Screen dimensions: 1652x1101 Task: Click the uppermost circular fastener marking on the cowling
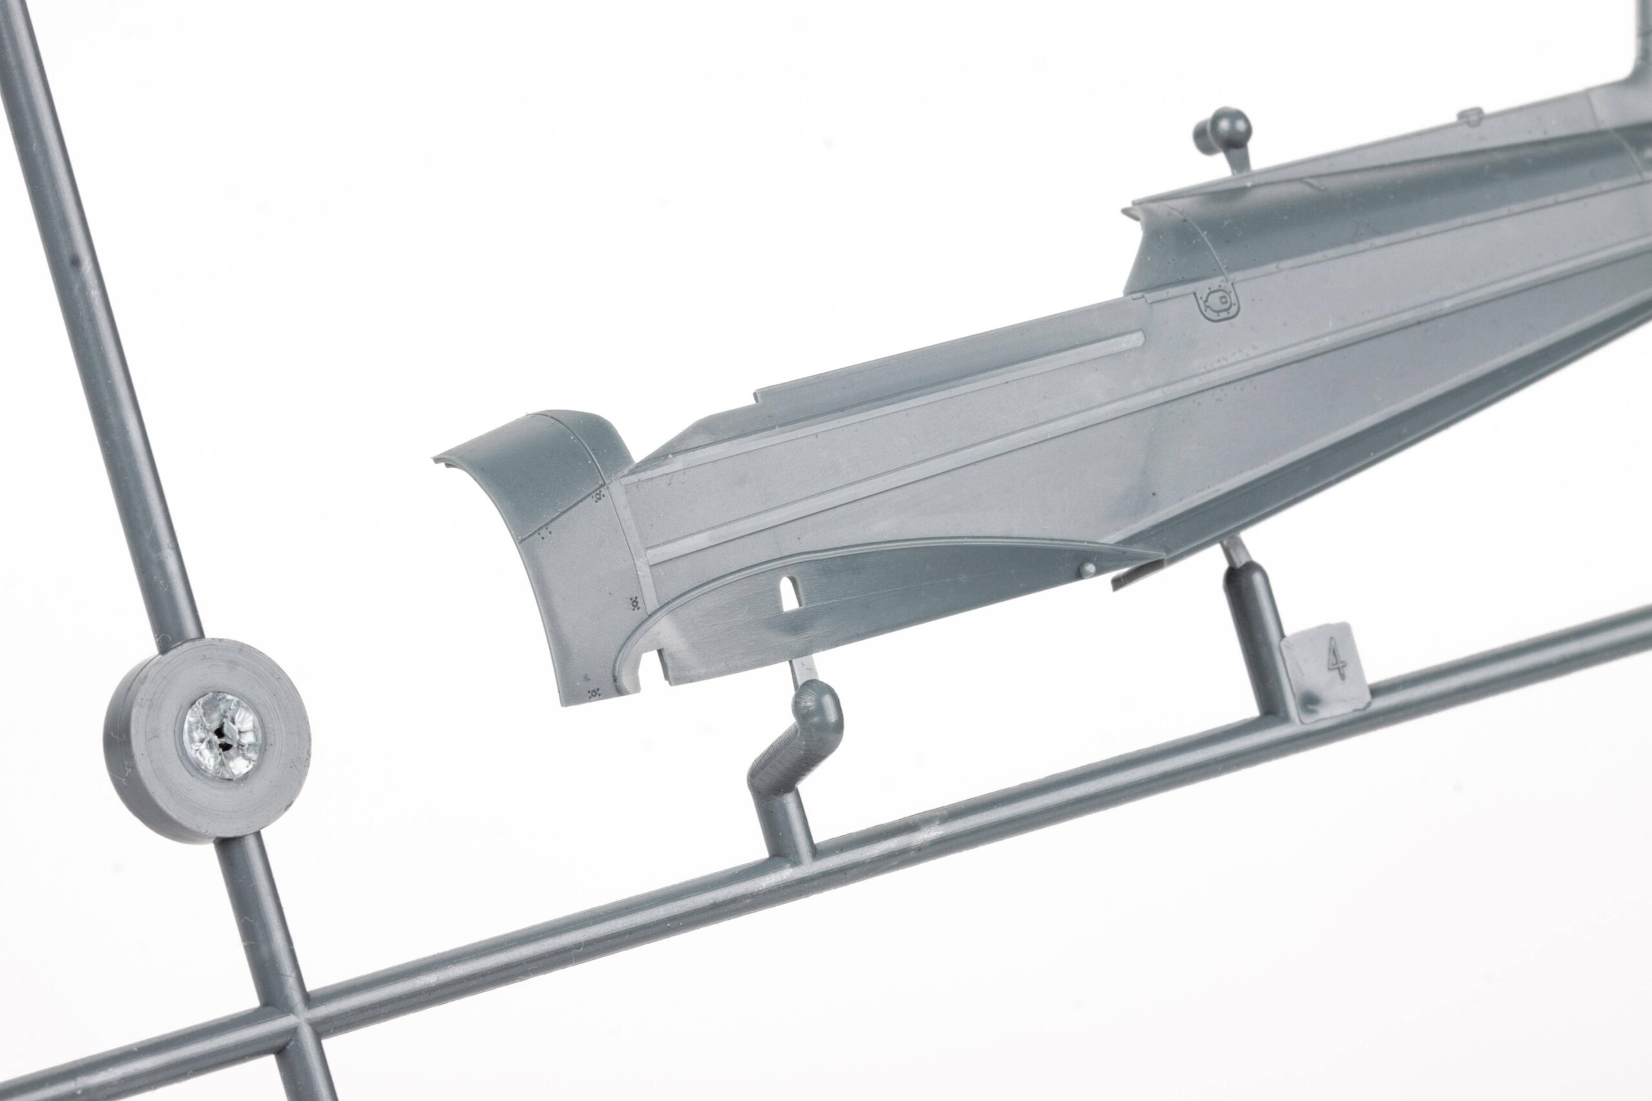(x=598, y=497)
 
